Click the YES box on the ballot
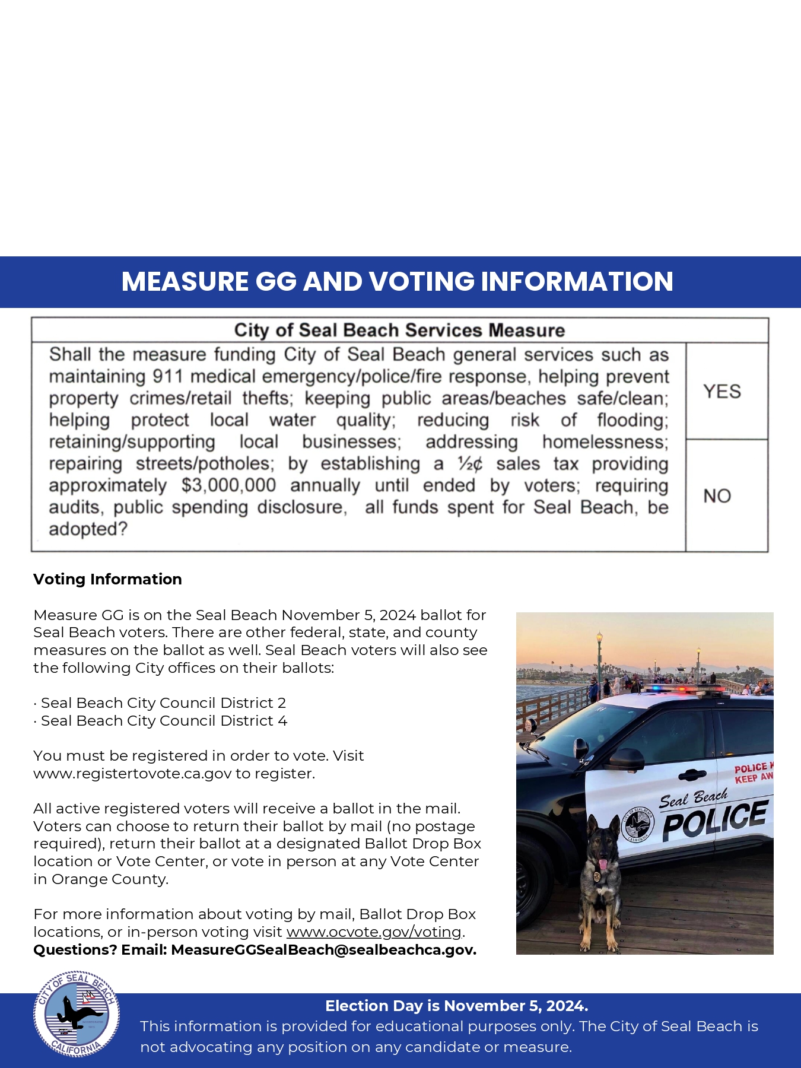click(722, 392)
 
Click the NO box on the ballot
click(717, 496)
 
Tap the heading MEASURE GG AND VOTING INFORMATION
click(397, 282)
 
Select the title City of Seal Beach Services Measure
click(399, 330)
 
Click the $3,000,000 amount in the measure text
click(228, 485)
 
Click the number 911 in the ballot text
click(167, 377)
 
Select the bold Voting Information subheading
click(107, 579)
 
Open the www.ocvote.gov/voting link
click(374, 932)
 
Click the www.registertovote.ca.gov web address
click(132, 774)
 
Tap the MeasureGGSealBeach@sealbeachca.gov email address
click(323, 950)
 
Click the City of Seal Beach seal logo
click(76, 1013)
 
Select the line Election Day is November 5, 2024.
click(456, 1006)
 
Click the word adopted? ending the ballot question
click(88, 529)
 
